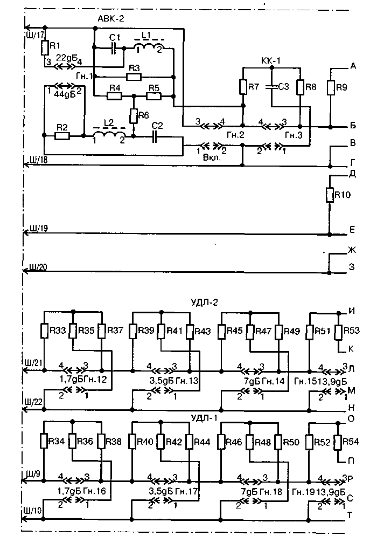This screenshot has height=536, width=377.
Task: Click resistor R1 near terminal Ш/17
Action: click(x=45, y=47)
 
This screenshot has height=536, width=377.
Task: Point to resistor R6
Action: click(x=132, y=115)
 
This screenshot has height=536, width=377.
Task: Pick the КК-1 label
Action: click(x=270, y=60)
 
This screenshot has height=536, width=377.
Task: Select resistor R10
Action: click(x=329, y=195)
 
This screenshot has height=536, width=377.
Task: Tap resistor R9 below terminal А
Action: click(x=329, y=86)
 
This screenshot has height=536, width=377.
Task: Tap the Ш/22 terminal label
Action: click(x=34, y=402)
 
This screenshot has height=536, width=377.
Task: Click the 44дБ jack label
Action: click(x=66, y=95)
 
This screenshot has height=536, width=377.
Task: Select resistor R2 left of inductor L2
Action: click(x=62, y=136)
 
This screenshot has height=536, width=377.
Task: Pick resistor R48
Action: click(x=250, y=442)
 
